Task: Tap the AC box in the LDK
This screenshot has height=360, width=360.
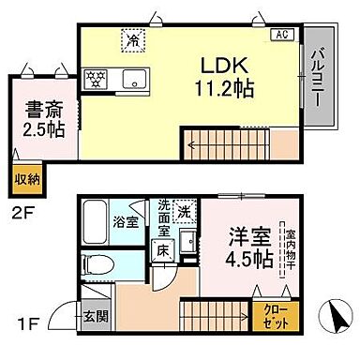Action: coord(279,36)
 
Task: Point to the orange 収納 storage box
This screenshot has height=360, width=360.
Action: coord(25,176)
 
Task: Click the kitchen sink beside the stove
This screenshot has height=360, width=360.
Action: coord(130,78)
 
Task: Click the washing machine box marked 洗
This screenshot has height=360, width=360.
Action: coord(186,209)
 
